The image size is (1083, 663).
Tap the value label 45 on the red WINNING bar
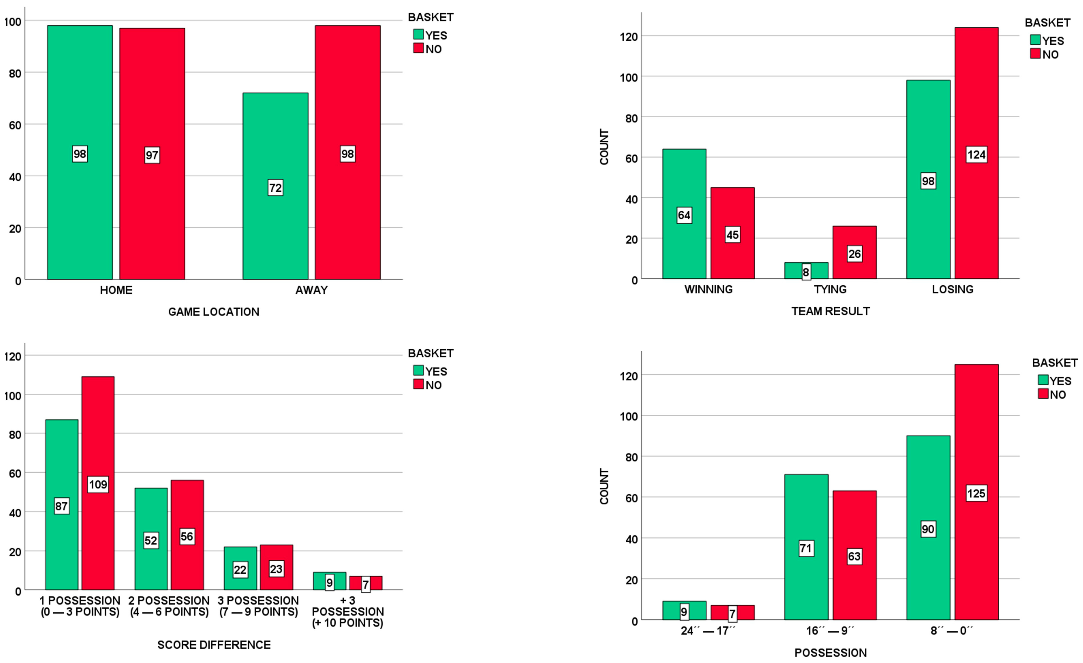732,235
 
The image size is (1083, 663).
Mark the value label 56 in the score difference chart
187,536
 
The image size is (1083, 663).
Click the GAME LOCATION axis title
214,312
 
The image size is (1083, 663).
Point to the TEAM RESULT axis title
830,311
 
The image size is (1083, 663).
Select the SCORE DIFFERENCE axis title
214,645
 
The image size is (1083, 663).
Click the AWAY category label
311,290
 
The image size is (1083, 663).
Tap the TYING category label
830,289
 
